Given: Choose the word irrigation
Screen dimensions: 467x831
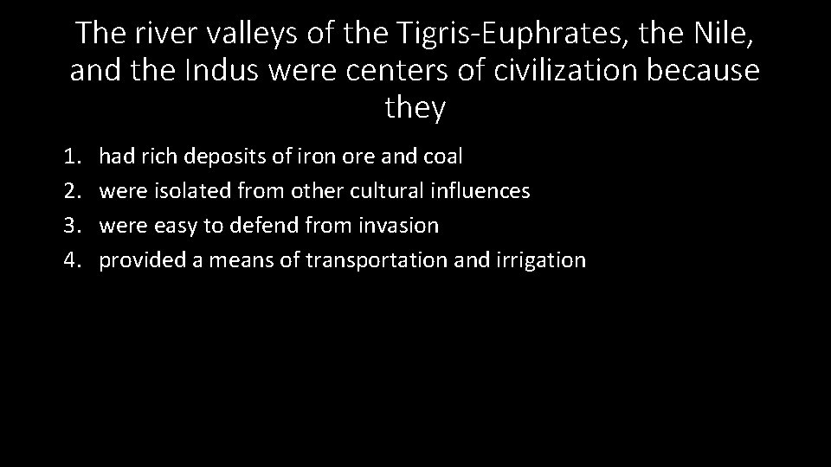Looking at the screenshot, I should (x=543, y=260).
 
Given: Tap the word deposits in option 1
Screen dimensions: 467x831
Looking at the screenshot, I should (x=228, y=157).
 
